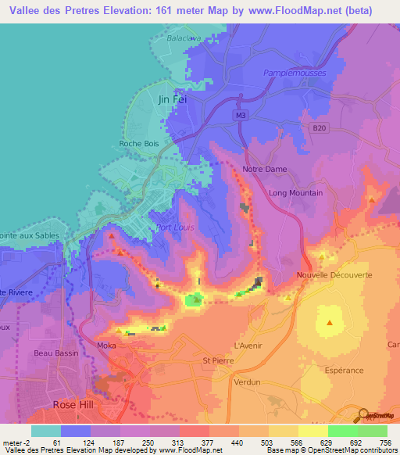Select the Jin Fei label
click(x=173, y=99)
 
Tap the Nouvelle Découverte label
click(x=334, y=275)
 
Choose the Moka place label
click(x=105, y=345)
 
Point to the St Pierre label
click(x=217, y=360)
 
